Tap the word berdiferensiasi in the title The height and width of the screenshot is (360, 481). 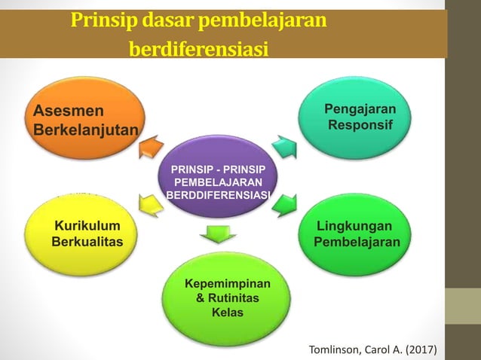[x=199, y=50]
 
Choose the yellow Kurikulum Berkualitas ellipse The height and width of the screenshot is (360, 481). [x=84, y=233]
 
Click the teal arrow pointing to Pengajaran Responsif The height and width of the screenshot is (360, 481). [x=285, y=145]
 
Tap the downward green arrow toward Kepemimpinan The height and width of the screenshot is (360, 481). [x=217, y=233]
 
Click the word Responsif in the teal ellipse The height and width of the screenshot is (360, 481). [x=360, y=124]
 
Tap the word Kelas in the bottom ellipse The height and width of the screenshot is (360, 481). [x=227, y=312]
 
